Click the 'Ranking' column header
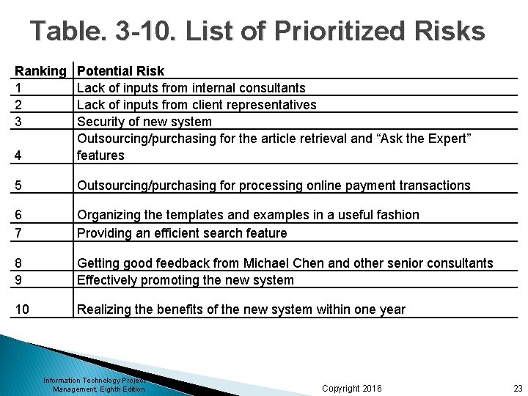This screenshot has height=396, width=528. point(40,71)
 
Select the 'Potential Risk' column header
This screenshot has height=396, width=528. point(120,71)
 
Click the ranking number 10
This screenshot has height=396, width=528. point(23,309)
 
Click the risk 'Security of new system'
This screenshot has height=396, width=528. point(144,122)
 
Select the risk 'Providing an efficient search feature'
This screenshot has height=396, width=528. point(182,233)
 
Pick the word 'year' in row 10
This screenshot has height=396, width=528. point(390,309)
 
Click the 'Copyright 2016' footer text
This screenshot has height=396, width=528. point(351,388)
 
